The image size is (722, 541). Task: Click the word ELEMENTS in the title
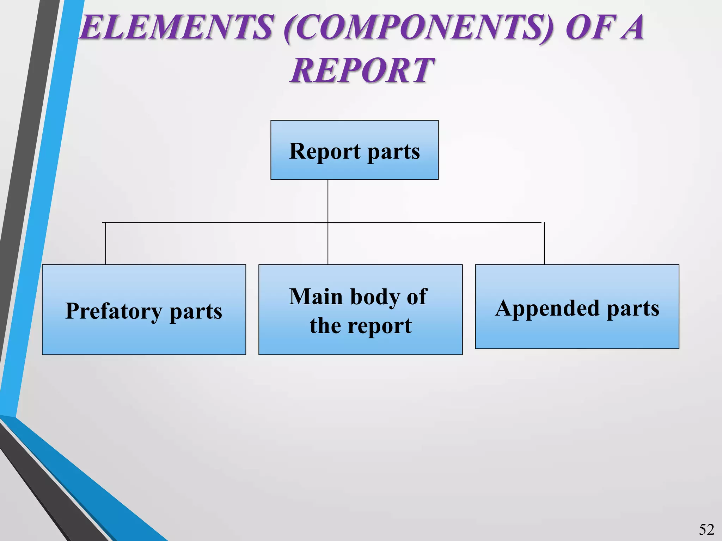tap(176, 27)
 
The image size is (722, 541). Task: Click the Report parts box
tap(354, 150)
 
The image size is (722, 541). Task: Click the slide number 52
tap(706, 529)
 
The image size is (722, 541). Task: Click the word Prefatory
tap(114, 311)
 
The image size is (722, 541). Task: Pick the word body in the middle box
tap(376, 297)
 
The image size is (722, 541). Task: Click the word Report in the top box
tap(325, 151)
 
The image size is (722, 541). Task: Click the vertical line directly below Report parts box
tap(328, 201)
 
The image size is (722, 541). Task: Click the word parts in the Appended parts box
tap(632, 309)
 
